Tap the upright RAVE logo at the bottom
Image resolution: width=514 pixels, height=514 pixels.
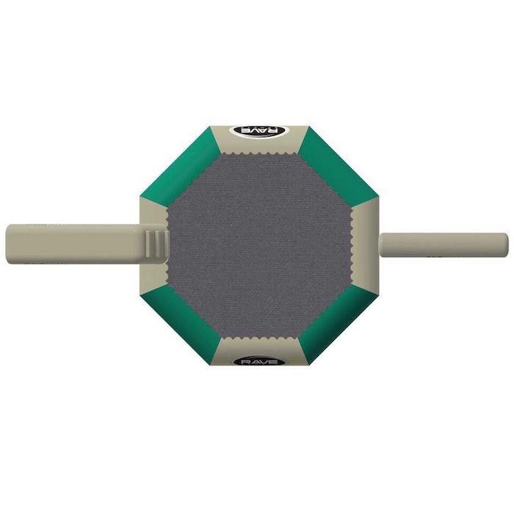(x=259, y=361)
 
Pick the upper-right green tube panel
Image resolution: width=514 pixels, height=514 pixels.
(x=338, y=164)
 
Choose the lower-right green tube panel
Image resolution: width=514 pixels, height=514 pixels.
(x=338, y=327)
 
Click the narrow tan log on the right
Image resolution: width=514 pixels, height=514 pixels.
(x=444, y=245)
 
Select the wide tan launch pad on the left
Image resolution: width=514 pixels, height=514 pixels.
(x=87, y=245)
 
